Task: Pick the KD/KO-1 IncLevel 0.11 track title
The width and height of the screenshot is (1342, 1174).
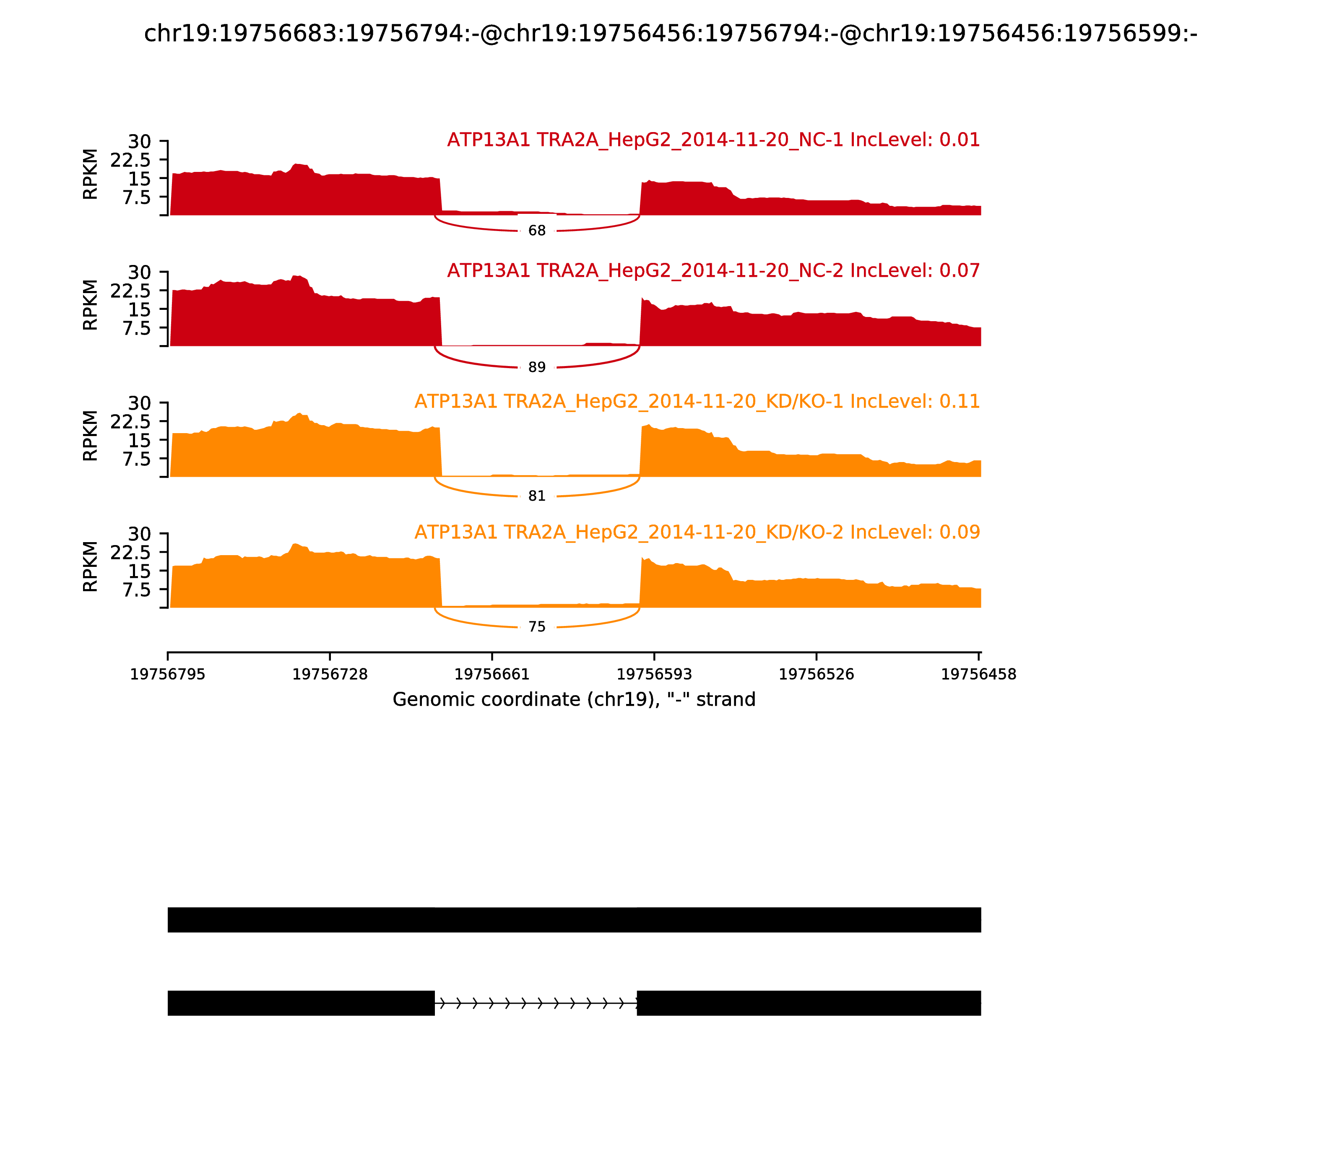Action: point(697,402)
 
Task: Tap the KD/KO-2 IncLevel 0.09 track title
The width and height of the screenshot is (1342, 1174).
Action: point(697,532)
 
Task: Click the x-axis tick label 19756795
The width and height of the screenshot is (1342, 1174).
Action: point(168,675)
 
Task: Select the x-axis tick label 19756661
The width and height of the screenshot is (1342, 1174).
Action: point(492,675)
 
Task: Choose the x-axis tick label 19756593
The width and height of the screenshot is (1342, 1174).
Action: point(654,675)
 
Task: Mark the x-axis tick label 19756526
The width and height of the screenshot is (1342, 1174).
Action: point(817,675)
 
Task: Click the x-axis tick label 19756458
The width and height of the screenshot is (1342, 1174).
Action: point(978,675)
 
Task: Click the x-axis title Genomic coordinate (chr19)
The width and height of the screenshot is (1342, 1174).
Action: point(574,700)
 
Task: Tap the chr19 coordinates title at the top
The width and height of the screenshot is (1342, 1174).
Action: point(670,34)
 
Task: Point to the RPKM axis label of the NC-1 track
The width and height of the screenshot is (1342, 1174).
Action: point(91,174)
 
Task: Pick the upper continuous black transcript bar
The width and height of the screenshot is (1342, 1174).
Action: point(574,920)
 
